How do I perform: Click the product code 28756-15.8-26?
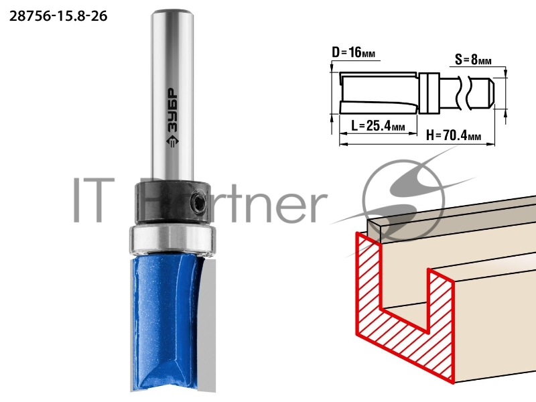[58, 16]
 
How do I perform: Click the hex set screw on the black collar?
[197, 202]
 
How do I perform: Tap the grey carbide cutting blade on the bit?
[208, 325]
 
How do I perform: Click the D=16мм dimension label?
[354, 53]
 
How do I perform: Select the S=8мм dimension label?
[473, 60]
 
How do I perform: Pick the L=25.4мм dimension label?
[378, 126]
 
